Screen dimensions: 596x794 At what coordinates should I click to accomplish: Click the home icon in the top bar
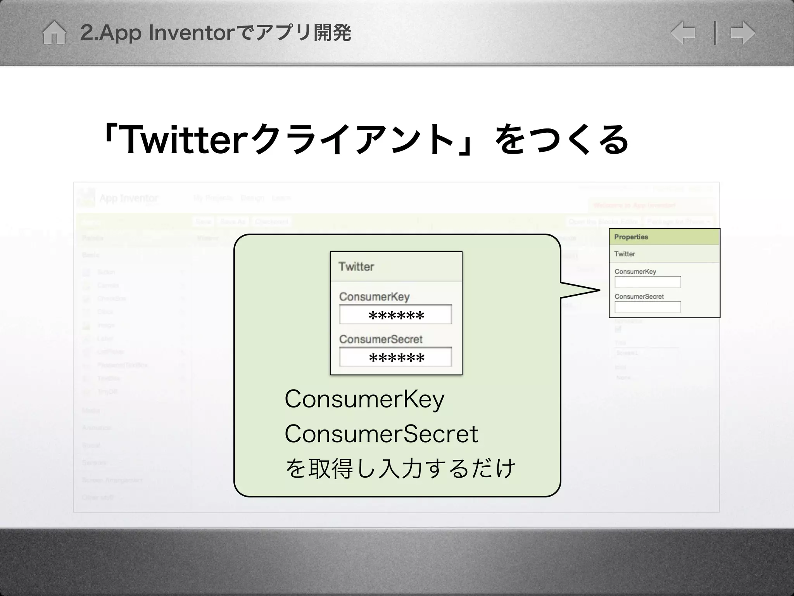(54, 33)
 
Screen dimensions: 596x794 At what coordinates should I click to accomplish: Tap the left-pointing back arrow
(683, 33)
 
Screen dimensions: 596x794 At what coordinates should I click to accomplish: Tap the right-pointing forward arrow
(742, 33)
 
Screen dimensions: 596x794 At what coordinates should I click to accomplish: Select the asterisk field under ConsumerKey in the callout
(395, 315)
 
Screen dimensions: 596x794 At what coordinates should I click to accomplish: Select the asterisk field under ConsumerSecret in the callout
(395, 357)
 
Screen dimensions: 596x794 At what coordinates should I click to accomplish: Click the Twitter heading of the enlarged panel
(356, 267)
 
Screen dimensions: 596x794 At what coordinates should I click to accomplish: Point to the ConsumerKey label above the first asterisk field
(374, 297)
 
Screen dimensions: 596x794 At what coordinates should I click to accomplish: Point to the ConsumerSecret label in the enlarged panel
(381, 339)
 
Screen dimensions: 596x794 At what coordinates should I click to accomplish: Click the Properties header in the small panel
(631, 237)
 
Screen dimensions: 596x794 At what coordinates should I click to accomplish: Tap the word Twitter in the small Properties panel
(624, 254)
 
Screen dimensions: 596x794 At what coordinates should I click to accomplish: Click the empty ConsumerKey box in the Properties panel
(647, 282)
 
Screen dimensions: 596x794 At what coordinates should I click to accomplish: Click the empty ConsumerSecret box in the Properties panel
(647, 307)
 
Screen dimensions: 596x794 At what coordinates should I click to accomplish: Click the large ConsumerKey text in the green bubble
(364, 400)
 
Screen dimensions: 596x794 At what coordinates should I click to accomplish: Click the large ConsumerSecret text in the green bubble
(381, 434)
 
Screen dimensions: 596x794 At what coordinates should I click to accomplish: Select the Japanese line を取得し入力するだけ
(400, 468)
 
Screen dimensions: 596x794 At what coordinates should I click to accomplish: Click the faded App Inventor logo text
(129, 198)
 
